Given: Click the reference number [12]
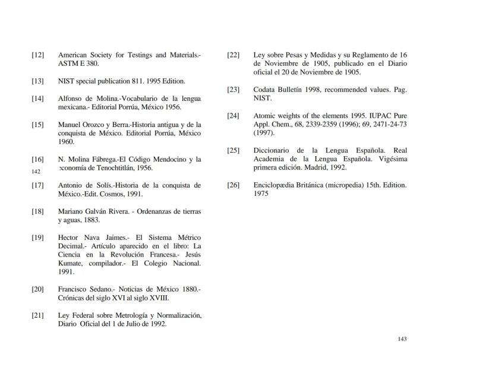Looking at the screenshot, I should [x=37, y=55].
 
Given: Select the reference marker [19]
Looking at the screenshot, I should [x=37, y=237].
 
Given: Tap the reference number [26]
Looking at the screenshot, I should [x=233, y=185].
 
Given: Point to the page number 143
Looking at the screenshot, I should [x=402, y=339].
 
